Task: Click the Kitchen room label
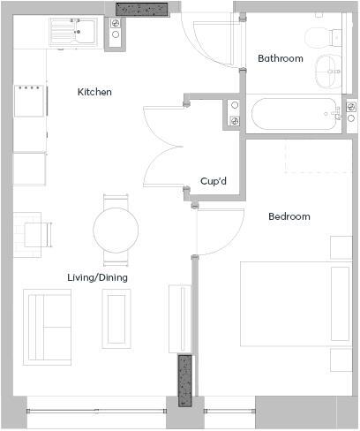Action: (x=94, y=92)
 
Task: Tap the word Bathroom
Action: (x=280, y=59)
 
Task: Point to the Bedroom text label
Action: (x=289, y=216)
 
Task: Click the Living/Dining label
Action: (x=97, y=277)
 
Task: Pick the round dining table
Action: (x=116, y=230)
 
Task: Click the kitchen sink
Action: (x=73, y=32)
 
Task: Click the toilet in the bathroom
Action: (x=315, y=36)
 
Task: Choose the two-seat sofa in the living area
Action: (x=47, y=326)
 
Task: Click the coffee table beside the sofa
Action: (x=116, y=319)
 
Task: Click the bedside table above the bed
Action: (x=341, y=246)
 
